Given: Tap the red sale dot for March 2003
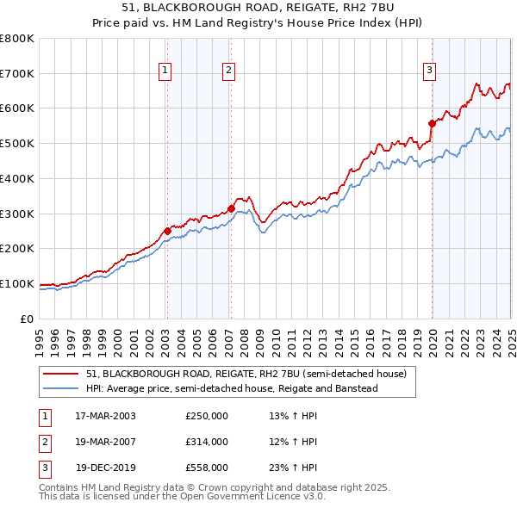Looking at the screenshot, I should click(167, 230).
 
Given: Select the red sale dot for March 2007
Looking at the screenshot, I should click(231, 208).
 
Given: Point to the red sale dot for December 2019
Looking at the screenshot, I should click(432, 123).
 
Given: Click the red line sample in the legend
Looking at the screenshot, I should click(61, 375).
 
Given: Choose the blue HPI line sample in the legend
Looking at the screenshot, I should click(61, 388).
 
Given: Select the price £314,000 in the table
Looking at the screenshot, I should click(207, 442).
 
